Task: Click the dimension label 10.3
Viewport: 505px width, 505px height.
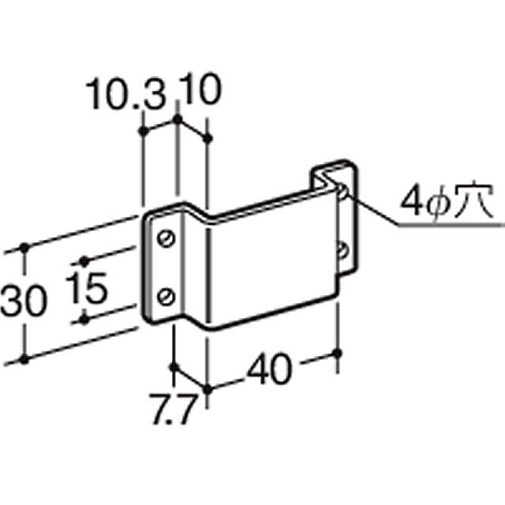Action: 127,95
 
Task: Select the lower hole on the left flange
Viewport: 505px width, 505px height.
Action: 166,296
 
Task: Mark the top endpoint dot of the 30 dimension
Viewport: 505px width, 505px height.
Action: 24,248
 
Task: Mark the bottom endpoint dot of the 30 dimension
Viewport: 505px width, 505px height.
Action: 24,359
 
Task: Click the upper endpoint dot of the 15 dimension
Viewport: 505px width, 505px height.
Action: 82,260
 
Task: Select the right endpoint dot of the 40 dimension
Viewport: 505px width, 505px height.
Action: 340,353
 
